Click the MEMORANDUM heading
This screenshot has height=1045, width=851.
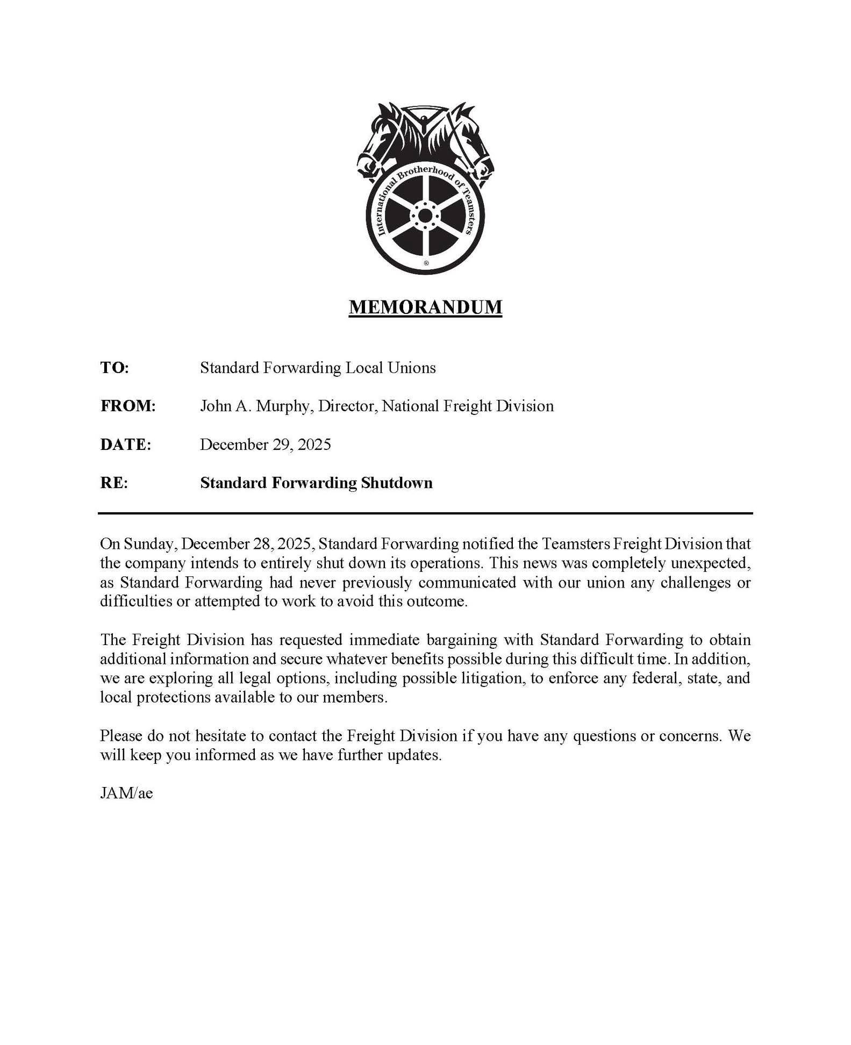pos(425,307)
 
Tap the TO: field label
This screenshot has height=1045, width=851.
pos(115,368)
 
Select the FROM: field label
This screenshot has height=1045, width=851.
pos(128,406)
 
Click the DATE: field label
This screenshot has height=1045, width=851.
pos(126,445)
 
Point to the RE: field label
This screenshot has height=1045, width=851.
pos(114,483)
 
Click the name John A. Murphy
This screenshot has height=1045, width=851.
pos(255,406)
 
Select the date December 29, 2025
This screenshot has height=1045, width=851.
pos(266,445)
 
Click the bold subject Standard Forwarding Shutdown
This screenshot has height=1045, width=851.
pos(316,483)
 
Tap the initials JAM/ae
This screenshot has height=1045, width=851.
pos(126,793)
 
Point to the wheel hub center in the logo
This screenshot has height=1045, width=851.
pos(425,216)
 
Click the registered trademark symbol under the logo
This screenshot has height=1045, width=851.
pos(426,263)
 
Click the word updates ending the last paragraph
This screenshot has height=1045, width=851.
pos(413,755)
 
